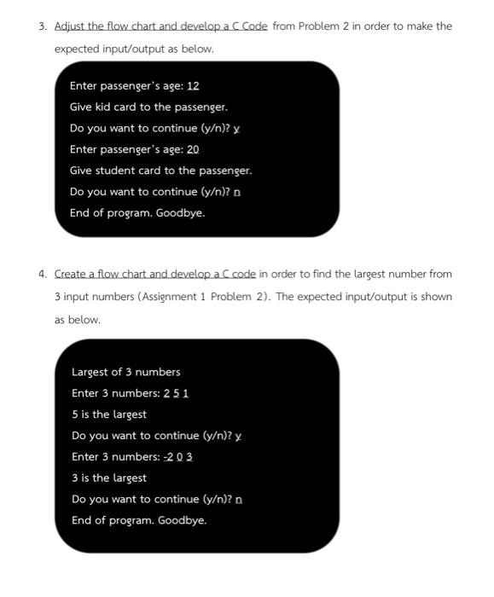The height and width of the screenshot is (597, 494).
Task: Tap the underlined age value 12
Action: pos(193,86)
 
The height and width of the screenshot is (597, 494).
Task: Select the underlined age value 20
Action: pos(193,149)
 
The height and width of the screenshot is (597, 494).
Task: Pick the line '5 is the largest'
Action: pos(109,414)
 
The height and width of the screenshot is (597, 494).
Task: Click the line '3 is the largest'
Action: pos(109,478)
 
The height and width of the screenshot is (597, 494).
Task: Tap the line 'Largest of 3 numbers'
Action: pos(126,372)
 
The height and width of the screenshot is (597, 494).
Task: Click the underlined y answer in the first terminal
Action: pos(236,129)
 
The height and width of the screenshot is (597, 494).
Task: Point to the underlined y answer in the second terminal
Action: pos(238,436)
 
